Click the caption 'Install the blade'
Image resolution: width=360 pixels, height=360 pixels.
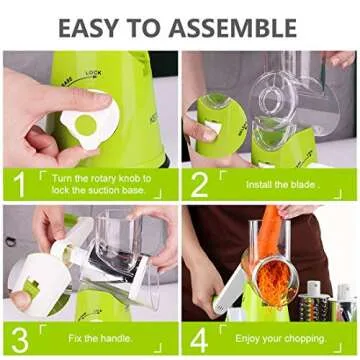click(x=269, y=184)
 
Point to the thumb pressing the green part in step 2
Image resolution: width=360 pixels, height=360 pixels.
click(x=200, y=131)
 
